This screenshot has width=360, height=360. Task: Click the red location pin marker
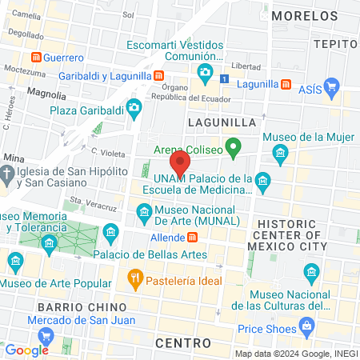[181, 163]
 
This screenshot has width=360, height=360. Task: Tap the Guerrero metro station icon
[36, 58]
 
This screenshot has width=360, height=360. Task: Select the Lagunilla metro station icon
[286, 84]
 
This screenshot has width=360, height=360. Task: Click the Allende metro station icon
[192, 238]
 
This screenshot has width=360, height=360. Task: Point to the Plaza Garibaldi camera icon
[134, 106]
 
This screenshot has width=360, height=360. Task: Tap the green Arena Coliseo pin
[233, 147]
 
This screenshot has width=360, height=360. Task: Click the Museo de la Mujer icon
[279, 152]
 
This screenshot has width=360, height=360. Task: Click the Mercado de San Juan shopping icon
[46, 335]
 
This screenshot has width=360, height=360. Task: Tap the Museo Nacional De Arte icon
[143, 211]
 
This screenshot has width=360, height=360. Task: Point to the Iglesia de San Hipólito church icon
[7, 173]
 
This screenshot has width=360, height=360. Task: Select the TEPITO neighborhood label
[336, 44]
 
